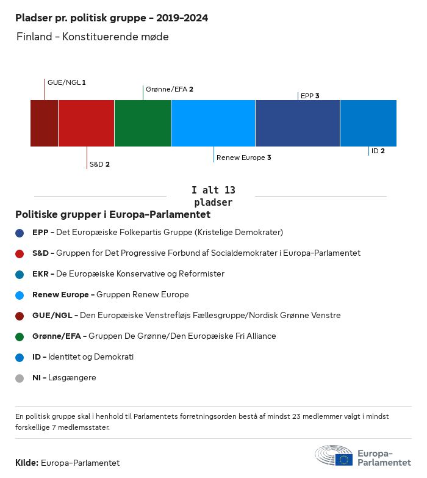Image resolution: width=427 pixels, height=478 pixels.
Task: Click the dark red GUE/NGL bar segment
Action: tap(45, 123)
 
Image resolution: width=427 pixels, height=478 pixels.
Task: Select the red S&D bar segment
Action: tap(86, 123)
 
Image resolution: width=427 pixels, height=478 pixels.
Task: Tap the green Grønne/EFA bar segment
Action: tap(143, 123)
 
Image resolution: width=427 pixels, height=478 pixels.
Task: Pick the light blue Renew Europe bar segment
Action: tap(213, 123)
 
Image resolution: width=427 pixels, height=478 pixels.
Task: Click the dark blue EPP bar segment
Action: tap(298, 123)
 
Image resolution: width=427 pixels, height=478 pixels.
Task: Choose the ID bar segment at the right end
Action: tap(368, 123)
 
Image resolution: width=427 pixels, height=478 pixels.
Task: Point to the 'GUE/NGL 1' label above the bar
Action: tap(66, 82)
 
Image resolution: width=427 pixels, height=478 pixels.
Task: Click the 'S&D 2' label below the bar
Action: tap(99, 164)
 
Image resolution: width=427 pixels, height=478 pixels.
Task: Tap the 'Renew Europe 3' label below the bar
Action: tap(243, 158)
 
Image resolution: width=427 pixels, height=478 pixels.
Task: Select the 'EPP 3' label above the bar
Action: tap(310, 96)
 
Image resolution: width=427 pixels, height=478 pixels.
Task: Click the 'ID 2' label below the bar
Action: tap(378, 151)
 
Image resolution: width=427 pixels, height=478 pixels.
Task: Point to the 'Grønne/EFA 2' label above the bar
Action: tap(169, 89)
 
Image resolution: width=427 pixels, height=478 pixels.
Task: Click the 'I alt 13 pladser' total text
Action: tap(213, 196)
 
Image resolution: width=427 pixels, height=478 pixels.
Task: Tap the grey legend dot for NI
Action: tap(20, 378)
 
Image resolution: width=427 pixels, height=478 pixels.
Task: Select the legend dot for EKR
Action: tap(20, 274)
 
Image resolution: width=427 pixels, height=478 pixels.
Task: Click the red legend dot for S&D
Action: tap(20, 253)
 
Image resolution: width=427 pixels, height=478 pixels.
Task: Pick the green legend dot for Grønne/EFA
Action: tap(20, 336)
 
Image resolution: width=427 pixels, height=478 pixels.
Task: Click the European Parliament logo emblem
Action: tap(334, 455)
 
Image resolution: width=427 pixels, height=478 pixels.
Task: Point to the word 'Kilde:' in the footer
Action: tap(27, 463)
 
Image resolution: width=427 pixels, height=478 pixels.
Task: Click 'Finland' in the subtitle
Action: tap(34, 37)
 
